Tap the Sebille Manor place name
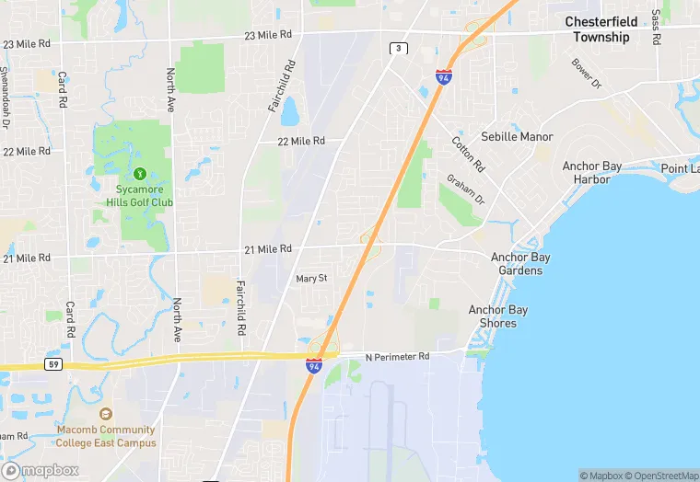(x=517, y=137)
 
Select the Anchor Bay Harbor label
(x=592, y=173)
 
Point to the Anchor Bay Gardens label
(x=517, y=264)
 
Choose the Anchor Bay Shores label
(x=498, y=316)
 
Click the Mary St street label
(x=311, y=278)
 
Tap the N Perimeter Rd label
(x=398, y=357)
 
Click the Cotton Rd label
(x=468, y=155)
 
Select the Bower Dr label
(x=586, y=74)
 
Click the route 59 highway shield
(x=55, y=364)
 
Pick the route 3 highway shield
(x=398, y=48)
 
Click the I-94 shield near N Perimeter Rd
(x=314, y=367)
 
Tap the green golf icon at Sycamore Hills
(x=140, y=172)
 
